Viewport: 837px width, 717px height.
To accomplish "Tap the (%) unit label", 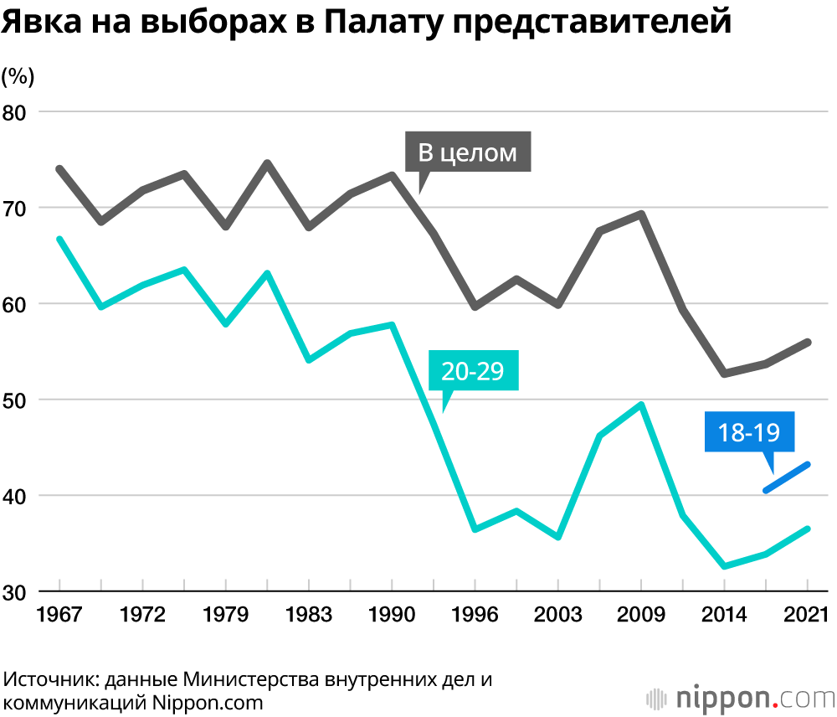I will [x=18, y=77].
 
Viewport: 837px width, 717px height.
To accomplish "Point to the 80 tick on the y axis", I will [x=16, y=112].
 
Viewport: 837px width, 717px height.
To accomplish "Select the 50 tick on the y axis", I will [x=16, y=400].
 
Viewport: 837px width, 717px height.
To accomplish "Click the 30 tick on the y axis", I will [x=16, y=591].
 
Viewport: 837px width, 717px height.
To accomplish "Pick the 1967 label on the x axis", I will [x=59, y=615].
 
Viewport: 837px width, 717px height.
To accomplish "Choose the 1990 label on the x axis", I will [x=392, y=615].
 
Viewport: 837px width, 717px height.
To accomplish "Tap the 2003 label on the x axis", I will [x=558, y=615].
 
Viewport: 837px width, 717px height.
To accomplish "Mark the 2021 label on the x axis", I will [x=807, y=615].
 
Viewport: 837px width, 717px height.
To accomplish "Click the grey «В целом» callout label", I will [x=468, y=153].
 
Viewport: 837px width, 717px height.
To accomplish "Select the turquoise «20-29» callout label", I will [x=473, y=370].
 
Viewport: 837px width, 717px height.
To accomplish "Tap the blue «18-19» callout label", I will [x=749, y=432].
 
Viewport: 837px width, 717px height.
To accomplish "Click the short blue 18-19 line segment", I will [x=786, y=477].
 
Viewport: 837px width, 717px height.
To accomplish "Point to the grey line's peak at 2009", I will [x=641, y=214].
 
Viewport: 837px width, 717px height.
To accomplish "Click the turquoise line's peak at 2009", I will [x=641, y=405].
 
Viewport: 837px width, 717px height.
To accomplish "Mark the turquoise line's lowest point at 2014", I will [x=724, y=566].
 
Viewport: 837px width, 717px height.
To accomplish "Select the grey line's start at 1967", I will [x=59, y=168].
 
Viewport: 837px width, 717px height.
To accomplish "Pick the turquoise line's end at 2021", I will [x=807, y=529].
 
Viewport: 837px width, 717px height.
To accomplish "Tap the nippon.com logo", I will [x=741, y=697].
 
